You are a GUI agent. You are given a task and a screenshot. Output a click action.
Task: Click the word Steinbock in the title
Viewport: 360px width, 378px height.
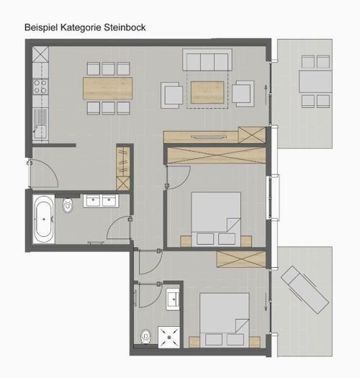point(125,27)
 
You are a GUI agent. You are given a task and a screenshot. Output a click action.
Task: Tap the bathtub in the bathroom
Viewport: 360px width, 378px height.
point(44,220)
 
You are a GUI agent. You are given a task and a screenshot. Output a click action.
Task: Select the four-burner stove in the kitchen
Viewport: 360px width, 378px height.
point(40,86)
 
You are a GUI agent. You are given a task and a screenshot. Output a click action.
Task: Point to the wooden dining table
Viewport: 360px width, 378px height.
point(107,89)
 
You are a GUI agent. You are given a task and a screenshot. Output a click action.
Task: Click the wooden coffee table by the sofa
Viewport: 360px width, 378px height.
point(207,92)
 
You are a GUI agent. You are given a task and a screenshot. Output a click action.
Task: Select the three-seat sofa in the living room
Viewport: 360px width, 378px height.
point(207,60)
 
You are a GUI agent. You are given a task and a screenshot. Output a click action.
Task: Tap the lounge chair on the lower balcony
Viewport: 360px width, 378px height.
point(305,289)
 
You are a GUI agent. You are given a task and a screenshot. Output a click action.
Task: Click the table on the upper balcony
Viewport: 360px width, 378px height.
point(315,81)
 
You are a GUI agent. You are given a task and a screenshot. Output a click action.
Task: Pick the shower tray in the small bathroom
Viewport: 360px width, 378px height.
point(168,337)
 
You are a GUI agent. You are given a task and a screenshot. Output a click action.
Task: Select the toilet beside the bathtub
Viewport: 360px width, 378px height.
point(68,206)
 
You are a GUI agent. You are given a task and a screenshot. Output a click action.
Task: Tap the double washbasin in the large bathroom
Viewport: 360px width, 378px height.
point(101,201)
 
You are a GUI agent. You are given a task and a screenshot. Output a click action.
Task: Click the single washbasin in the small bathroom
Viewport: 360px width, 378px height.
point(173,300)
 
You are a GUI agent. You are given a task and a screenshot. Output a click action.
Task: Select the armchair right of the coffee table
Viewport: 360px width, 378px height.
point(243,94)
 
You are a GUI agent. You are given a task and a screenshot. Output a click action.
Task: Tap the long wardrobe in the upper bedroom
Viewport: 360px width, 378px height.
point(217,156)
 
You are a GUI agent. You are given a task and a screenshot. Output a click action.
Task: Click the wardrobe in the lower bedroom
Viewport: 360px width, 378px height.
point(241,259)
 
